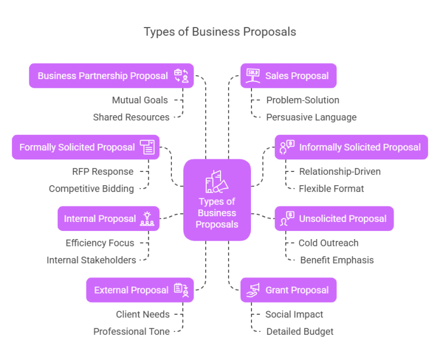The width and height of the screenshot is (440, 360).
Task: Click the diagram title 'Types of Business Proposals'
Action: pyautogui.click(x=220, y=32)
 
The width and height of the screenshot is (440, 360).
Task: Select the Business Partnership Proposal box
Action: pyautogui.click(x=111, y=76)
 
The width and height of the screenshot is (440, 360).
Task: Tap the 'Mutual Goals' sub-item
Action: pyautogui.click(x=140, y=100)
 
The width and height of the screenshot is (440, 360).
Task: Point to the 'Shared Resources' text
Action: pyautogui.click(x=131, y=118)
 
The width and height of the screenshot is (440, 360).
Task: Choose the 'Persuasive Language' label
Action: pyautogui.click(x=311, y=118)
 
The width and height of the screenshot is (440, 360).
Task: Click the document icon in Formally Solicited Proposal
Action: pyautogui.click(x=147, y=147)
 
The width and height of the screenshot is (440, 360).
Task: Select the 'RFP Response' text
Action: pyautogui.click(x=103, y=171)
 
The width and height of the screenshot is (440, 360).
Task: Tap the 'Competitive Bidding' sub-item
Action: pyautogui.click(x=91, y=189)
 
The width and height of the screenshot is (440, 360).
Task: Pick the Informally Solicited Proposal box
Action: pyautogui.click(x=351, y=147)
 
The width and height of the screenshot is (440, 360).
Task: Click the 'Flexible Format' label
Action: pyautogui.click(x=331, y=189)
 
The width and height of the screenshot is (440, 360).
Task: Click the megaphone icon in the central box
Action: pyautogui.click(x=217, y=182)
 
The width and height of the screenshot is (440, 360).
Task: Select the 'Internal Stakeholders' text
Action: pyautogui.click(x=91, y=260)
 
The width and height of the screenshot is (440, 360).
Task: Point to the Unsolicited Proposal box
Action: pyautogui.click(x=334, y=218)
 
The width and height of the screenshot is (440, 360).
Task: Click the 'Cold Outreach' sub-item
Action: pyautogui.click(x=328, y=243)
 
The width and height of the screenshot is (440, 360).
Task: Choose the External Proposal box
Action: pyautogui.click(x=140, y=290)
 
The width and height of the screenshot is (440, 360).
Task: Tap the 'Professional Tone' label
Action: pyautogui.click(x=131, y=331)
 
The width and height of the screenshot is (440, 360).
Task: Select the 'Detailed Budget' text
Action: pyautogui.click(x=300, y=331)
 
